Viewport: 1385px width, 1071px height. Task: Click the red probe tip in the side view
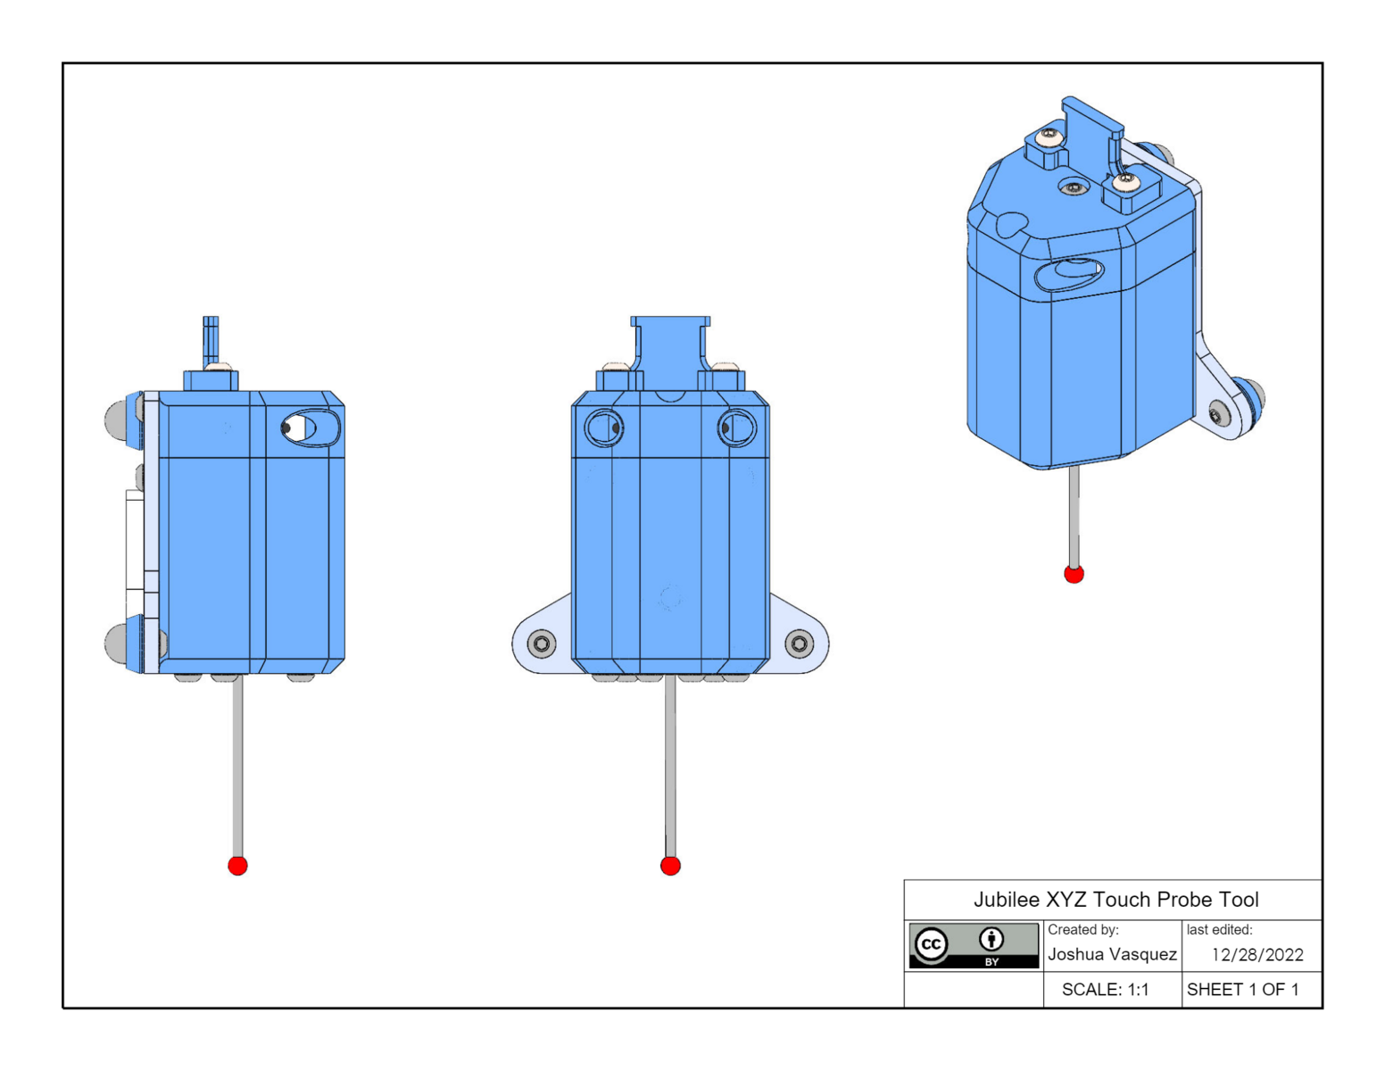[x=237, y=865]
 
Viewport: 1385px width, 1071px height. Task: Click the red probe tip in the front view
[x=670, y=865]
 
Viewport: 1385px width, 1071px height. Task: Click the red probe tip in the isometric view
[x=1074, y=574]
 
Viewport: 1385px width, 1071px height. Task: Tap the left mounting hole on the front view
[x=542, y=643]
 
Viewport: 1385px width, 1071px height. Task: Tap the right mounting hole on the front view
[x=799, y=643]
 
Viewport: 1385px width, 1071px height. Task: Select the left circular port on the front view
[x=604, y=428]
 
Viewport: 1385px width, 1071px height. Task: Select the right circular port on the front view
[x=737, y=428]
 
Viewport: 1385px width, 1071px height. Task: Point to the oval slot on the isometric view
[x=1068, y=273]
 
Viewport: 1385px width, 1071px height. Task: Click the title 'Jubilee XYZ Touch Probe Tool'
[x=1115, y=900]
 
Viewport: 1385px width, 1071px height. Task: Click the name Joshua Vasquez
[x=1112, y=954]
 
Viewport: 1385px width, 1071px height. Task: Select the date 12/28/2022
[x=1256, y=955]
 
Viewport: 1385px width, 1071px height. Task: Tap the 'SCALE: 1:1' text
[x=1105, y=990]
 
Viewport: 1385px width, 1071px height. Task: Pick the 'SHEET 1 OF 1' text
[x=1242, y=990]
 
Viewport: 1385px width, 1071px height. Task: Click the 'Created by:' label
[x=1082, y=930]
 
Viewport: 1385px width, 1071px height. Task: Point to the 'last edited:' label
[x=1219, y=930]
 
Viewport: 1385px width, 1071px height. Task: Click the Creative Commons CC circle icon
[x=931, y=944]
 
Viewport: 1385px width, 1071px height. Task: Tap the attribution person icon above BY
[x=991, y=939]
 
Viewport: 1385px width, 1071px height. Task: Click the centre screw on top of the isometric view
[x=1073, y=187]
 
